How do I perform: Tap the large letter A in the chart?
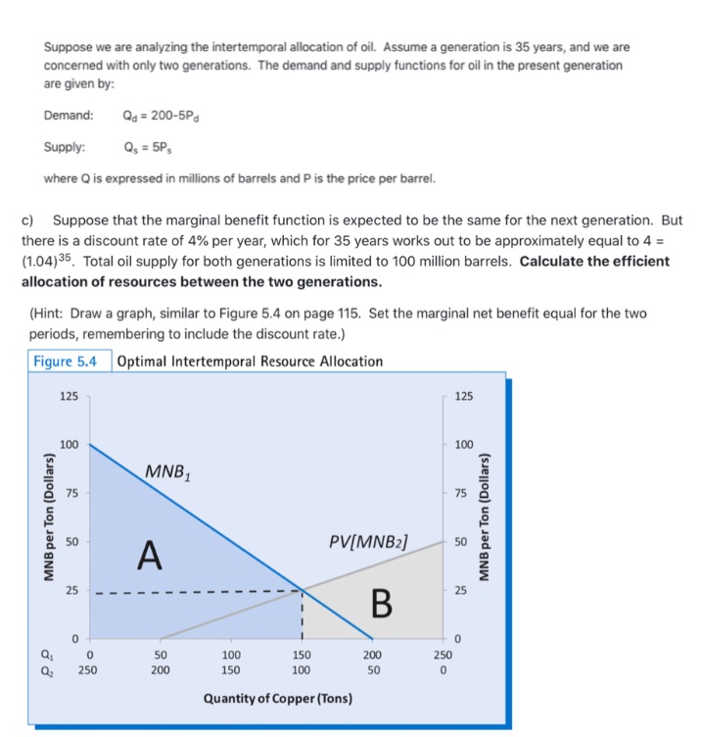(149, 556)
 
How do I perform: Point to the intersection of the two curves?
(302, 590)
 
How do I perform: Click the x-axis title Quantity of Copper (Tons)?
(278, 699)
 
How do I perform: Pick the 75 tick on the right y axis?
(464, 493)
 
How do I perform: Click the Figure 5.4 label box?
(66, 361)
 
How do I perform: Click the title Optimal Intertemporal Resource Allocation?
(250, 361)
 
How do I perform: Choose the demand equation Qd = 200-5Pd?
(164, 116)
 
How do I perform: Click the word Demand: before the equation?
(69, 116)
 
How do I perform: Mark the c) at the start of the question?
(28, 221)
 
